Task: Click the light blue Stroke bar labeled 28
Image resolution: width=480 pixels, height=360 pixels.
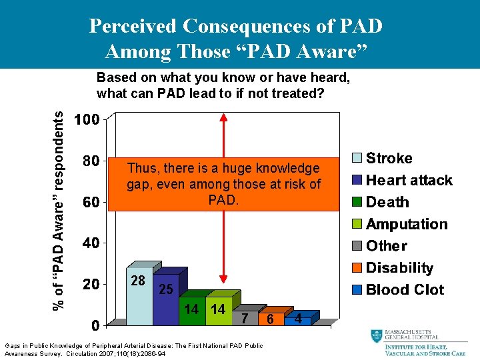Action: click(139, 297)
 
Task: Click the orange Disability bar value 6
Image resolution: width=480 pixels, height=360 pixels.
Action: click(270, 319)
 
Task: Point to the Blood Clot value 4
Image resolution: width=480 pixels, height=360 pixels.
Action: click(298, 319)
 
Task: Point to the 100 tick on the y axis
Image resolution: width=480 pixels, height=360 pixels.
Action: click(87, 120)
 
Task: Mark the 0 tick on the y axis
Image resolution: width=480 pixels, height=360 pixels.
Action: click(95, 325)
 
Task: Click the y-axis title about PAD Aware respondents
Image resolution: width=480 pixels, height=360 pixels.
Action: click(59, 210)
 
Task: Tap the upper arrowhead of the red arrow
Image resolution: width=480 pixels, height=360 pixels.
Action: click(223, 119)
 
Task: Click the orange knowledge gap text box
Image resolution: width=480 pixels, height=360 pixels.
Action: click(223, 184)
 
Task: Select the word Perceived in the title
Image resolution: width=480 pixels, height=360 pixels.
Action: click(132, 26)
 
